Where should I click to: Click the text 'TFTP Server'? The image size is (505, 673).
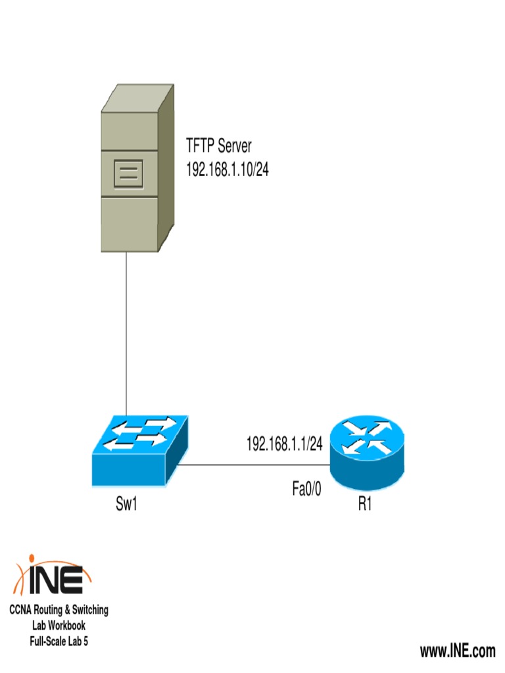218,146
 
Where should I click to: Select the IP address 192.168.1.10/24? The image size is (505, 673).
228,170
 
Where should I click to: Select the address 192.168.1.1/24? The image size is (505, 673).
284,445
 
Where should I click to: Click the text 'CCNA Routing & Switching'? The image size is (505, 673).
59,610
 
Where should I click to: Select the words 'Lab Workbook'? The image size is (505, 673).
59,626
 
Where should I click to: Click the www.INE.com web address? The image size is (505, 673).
458,651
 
